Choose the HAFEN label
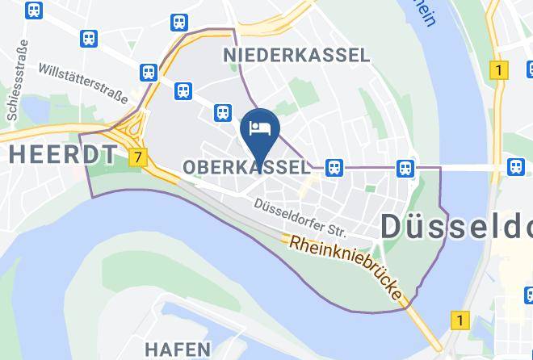pos(178,350)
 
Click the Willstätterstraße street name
pos(83,84)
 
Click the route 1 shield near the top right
pos(500,70)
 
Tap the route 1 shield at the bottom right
pos(460,320)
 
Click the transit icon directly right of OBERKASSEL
pos(333,167)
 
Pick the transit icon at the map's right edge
pos(515,167)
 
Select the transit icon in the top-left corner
pos(35,10)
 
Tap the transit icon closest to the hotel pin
pos(224,114)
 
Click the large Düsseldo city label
pos(456,226)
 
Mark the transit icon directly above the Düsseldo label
pos(405,167)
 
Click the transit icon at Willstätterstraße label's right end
pos(148,72)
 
